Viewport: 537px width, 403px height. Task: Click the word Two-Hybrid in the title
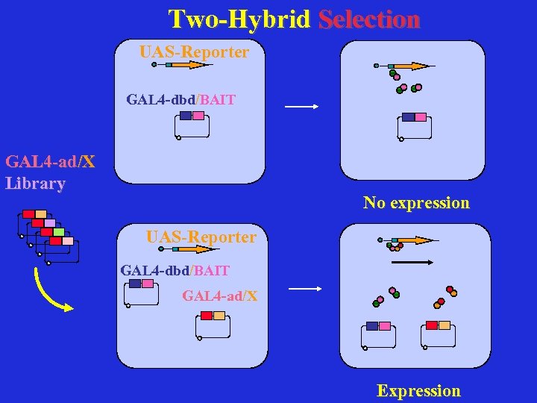tap(239, 19)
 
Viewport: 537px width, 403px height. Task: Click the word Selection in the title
tap(368, 19)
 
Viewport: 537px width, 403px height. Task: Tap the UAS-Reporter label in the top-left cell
tap(194, 52)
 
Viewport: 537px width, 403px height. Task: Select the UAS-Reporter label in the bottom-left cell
tap(201, 237)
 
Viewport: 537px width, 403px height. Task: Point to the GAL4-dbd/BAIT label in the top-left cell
tap(180, 99)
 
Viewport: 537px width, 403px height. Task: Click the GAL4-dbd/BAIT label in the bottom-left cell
tap(175, 270)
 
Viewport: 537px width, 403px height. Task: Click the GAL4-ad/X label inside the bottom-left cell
tap(220, 296)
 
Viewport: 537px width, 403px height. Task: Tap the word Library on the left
tap(35, 183)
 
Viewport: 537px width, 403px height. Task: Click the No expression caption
tap(416, 203)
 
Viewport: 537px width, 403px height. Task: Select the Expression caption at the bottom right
tap(418, 391)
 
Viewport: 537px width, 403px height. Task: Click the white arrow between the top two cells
tap(302, 107)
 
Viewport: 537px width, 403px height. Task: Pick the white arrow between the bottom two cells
tap(304, 288)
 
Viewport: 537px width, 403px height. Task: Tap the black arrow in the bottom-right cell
tap(412, 262)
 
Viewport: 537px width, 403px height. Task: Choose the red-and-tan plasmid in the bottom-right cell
tap(438, 335)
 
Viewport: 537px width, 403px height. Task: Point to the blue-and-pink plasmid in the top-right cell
tap(415, 126)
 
